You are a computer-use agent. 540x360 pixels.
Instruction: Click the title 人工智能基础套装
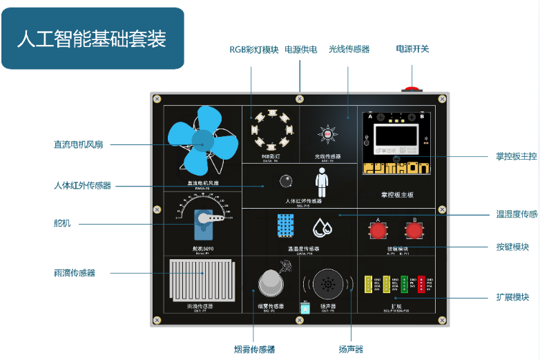(92, 39)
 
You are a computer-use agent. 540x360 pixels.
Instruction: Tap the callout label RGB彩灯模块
(254, 50)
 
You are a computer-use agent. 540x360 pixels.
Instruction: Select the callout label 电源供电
(301, 50)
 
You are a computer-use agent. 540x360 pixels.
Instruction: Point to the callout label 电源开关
(412, 49)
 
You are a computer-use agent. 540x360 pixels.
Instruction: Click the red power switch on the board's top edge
(412, 89)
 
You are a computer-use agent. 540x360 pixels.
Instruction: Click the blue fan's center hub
(202, 142)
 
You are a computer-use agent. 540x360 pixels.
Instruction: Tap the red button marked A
(377, 231)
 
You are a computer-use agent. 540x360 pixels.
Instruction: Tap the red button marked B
(416, 231)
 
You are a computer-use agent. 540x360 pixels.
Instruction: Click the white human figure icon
(321, 184)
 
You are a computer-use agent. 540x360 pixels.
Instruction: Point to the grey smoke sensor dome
(271, 283)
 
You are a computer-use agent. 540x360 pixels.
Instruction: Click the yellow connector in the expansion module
(369, 285)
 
